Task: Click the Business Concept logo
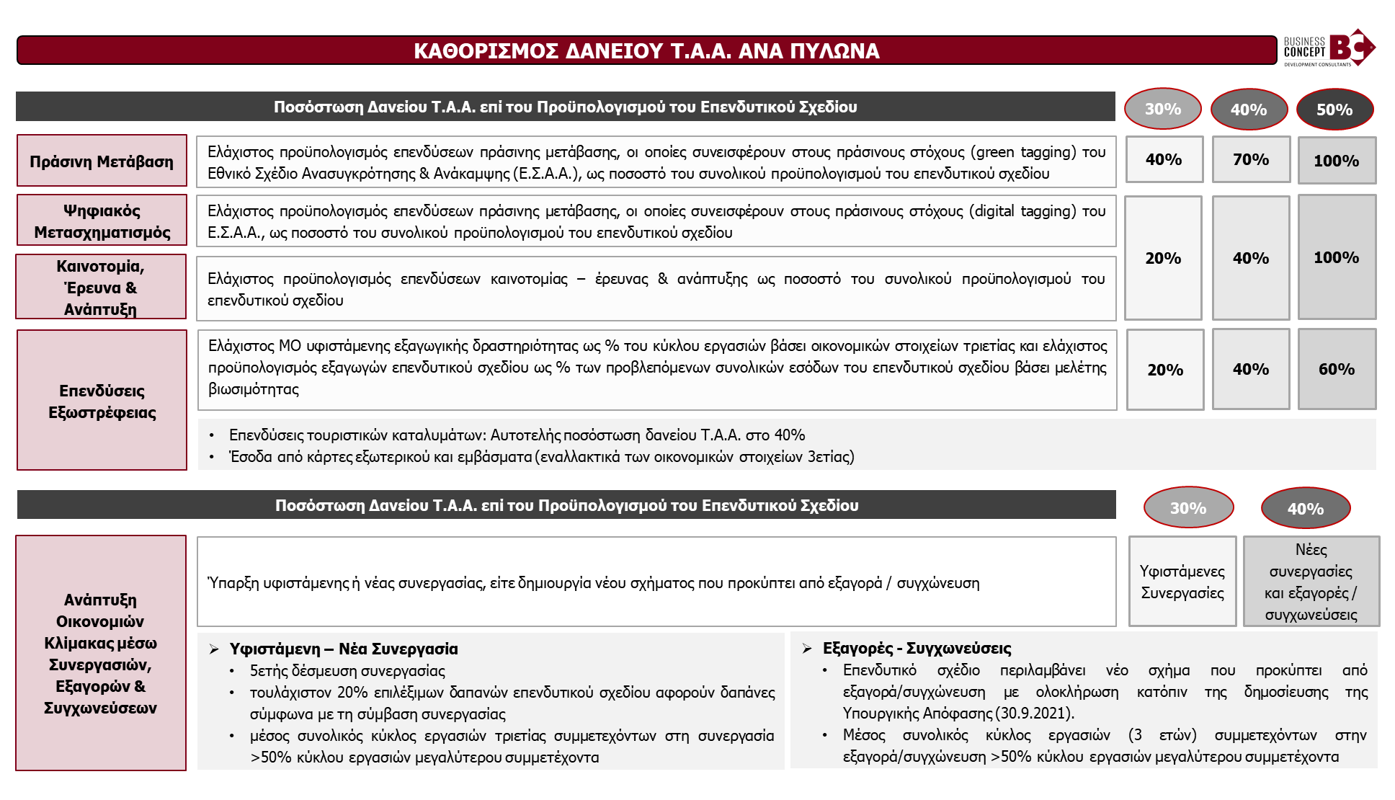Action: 1329,48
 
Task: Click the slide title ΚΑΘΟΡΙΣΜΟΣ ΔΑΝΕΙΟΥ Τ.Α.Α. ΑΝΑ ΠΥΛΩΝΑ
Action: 646,50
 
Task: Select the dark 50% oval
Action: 1334,110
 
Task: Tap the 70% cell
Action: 1250,159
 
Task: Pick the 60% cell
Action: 1337,369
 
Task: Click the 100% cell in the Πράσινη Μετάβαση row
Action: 1337,160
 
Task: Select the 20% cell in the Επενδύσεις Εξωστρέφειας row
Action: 1164,370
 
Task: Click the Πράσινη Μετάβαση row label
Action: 102,161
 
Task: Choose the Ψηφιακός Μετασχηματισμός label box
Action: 102,221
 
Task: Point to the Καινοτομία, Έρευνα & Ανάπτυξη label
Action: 101,287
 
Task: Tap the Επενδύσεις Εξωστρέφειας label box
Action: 102,401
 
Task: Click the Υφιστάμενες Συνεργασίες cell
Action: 1182,582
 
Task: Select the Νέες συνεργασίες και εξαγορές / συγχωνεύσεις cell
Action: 1311,582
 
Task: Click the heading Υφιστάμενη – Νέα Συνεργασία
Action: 343,649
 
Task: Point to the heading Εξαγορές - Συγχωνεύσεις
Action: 917,648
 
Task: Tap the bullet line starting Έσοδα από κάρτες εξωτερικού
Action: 541,457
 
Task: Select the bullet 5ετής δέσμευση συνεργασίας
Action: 347,671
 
